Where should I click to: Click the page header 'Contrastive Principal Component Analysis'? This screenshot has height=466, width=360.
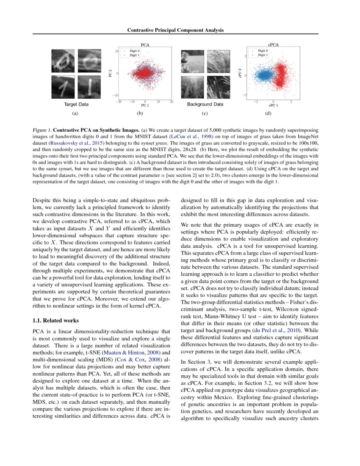175,30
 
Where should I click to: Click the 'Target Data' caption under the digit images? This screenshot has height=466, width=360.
76,104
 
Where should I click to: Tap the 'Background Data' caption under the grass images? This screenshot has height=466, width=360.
205,104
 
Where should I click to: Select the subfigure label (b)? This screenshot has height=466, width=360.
140,114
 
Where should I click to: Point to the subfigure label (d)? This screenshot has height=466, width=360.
268,114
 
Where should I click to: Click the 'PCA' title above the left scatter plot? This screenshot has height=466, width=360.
144,44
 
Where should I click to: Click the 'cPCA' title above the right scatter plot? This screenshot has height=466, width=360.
273,44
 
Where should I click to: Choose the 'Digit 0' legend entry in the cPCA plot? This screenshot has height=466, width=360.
263,51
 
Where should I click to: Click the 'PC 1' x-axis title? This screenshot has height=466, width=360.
144,105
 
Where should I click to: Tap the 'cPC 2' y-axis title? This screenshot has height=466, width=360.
240,73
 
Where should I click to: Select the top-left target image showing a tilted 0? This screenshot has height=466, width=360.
63,61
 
